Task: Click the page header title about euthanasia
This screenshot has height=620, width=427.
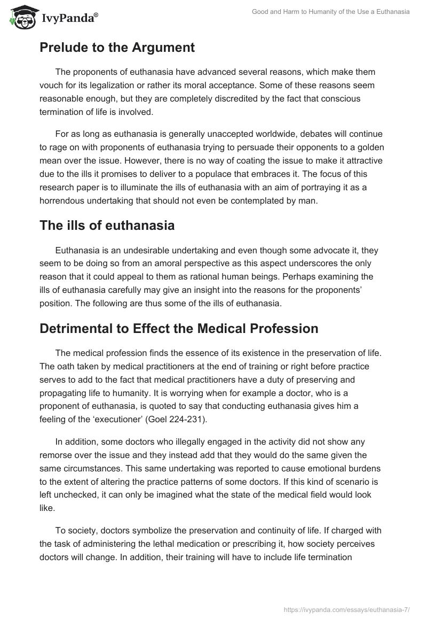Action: point(330,12)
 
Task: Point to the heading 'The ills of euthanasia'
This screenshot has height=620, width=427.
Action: point(107,225)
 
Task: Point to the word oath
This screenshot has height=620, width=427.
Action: point(65,367)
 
